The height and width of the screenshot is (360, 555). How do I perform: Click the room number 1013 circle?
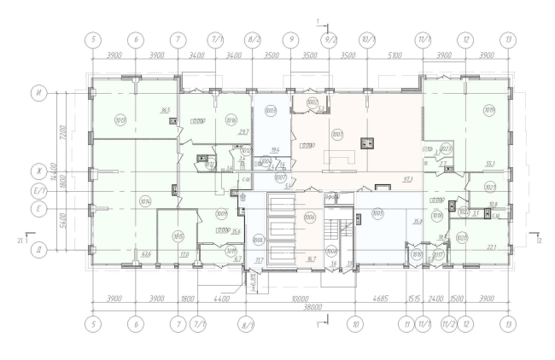pos(120,119)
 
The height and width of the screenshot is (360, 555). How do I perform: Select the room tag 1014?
pos(144,202)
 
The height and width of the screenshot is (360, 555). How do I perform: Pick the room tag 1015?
pos(178,235)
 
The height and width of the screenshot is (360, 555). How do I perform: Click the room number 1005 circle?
pos(379,212)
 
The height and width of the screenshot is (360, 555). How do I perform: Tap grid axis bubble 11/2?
pos(447,324)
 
